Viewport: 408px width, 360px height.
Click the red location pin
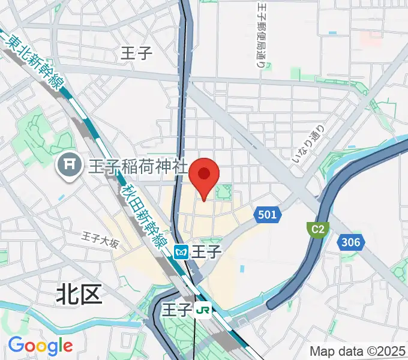pyautogui.click(x=204, y=175)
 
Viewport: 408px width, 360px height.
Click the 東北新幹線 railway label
pyautogui.click(x=33, y=63)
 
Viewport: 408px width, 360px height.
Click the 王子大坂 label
pyautogui.click(x=101, y=242)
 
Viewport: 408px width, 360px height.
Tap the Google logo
pyautogui.click(x=40, y=346)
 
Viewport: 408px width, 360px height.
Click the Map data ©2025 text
pyautogui.click(x=357, y=351)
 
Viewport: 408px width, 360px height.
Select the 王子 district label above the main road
pyautogui.click(x=137, y=53)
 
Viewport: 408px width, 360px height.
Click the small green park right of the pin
pyautogui.click(x=224, y=193)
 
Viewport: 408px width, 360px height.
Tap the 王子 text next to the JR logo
pyautogui.click(x=177, y=310)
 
